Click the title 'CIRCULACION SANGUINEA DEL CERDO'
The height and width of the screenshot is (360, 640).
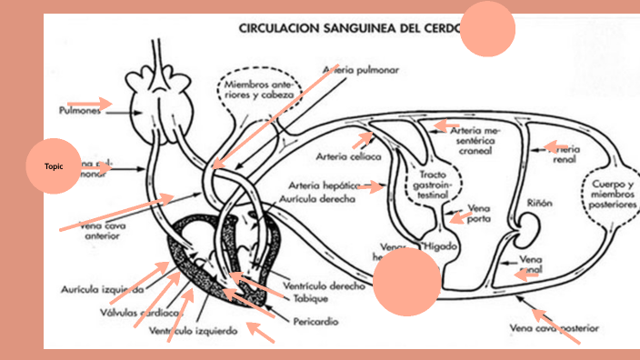(x=351, y=27)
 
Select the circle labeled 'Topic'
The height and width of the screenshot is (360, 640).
(x=55, y=165)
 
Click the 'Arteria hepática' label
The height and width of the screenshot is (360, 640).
(x=322, y=185)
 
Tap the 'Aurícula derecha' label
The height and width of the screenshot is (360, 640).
(x=315, y=199)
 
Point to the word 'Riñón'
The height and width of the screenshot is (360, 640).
(x=539, y=204)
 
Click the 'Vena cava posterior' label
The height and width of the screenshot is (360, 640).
(x=555, y=326)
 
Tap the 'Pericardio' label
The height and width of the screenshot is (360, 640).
(x=316, y=321)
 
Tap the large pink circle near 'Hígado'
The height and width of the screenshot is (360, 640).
(x=406, y=282)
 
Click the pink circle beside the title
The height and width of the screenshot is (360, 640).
(x=488, y=29)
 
